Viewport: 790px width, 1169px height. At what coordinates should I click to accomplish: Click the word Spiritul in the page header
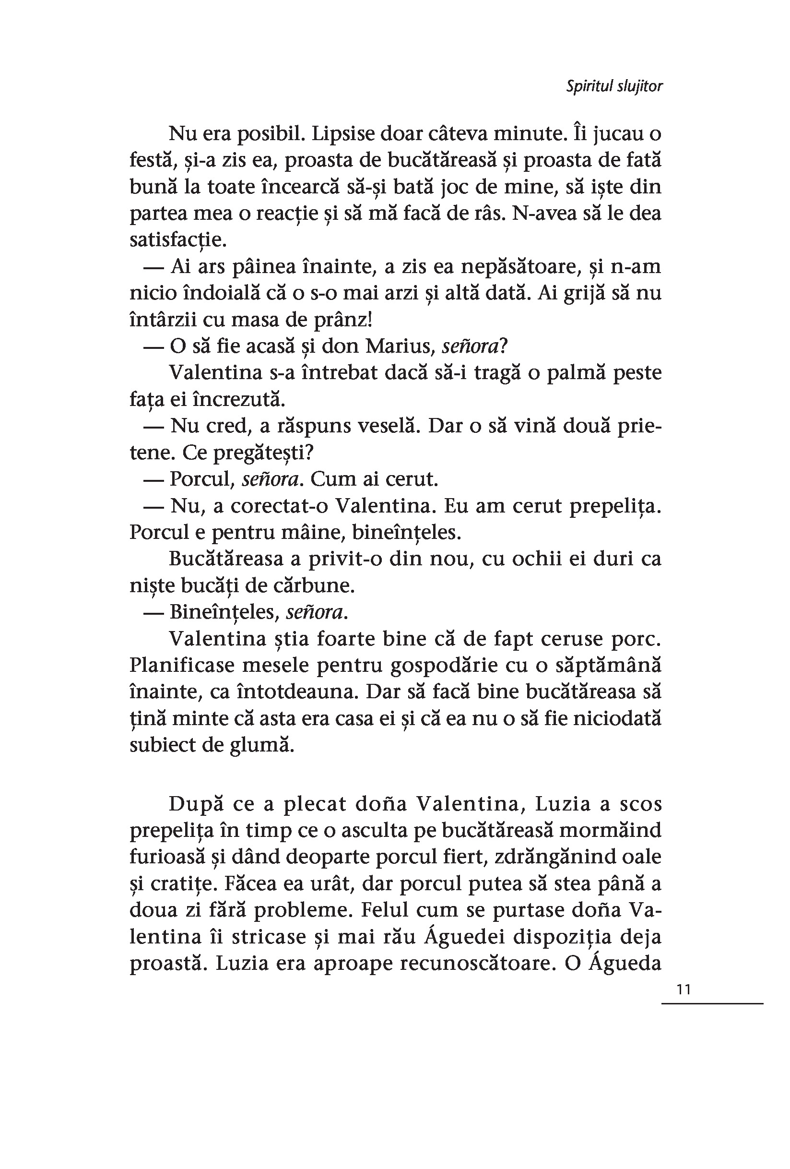tap(588, 86)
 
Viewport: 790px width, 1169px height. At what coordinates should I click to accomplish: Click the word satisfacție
tap(177, 240)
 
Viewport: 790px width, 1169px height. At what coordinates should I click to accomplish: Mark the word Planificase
tap(181, 666)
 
